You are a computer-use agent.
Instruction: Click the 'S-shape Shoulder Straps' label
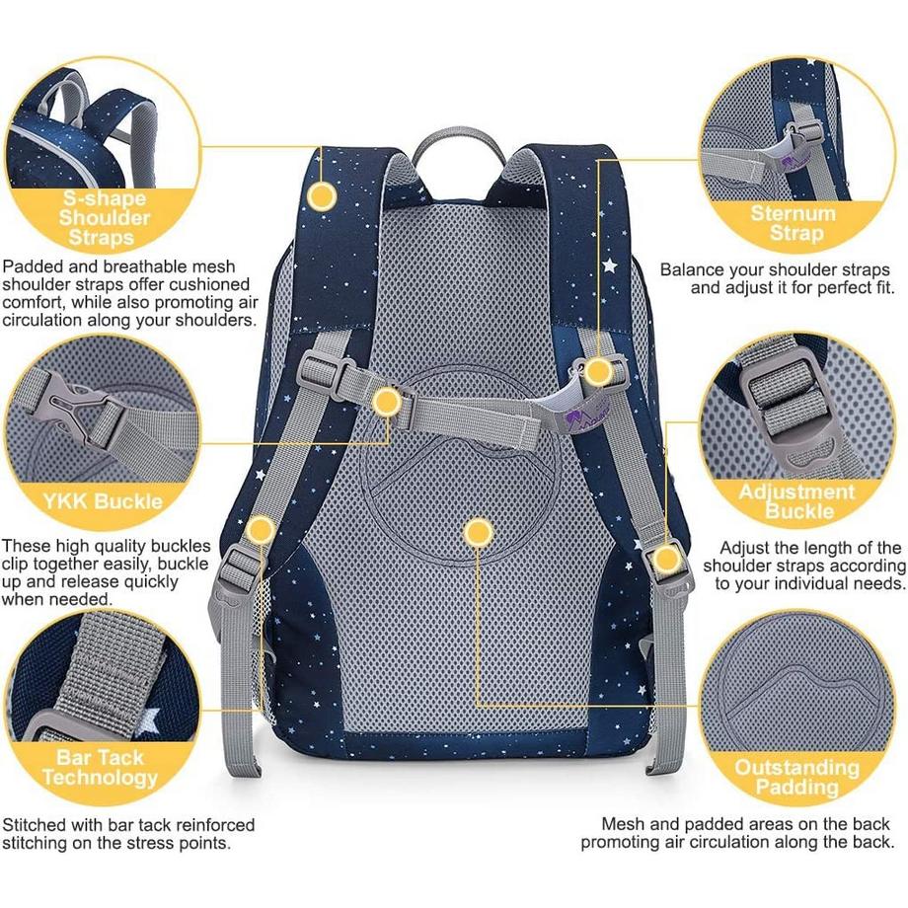tap(103, 216)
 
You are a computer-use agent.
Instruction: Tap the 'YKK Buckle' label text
tap(103, 500)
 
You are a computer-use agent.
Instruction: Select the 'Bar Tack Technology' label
tap(100, 767)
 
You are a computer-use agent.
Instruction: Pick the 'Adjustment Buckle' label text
tap(797, 501)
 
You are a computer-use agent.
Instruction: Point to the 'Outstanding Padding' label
tap(797, 777)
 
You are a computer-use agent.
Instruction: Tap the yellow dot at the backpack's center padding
tap(479, 533)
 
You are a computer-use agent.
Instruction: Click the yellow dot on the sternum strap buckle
tap(387, 401)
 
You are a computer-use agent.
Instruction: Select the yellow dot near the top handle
tap(321, 196)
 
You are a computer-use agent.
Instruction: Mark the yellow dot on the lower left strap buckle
tap(261, 531)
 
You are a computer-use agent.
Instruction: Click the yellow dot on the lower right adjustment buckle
tap(667, 561)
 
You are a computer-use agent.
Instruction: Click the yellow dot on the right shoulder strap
tap(598, 372)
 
